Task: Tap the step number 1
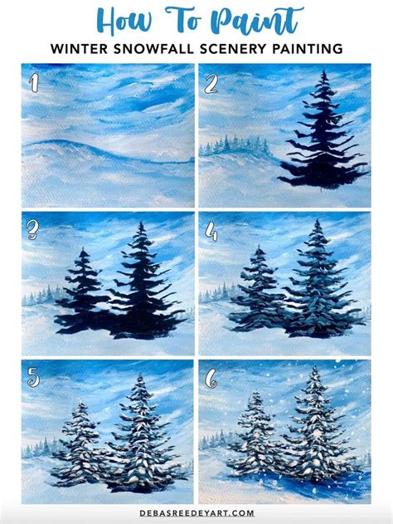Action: [33, 81]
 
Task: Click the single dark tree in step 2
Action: [323, 133]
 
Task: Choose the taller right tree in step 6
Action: [316, 428]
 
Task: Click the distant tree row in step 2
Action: [240, 147]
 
